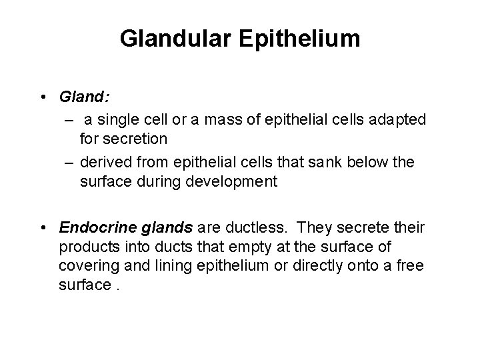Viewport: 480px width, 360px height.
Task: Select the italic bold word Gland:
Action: (85, 97)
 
